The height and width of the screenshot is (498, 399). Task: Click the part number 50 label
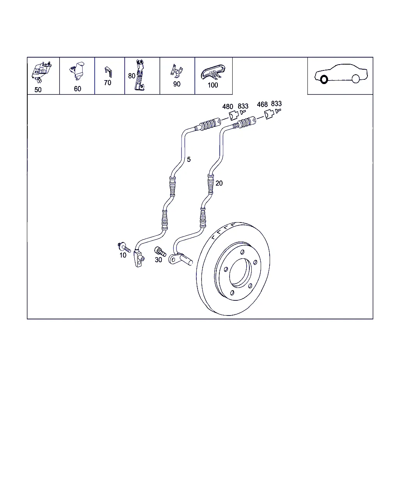(x=38, y=90)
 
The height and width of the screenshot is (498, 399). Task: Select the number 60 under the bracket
(x=78, y=89)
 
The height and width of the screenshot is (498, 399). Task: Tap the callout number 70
(x=108, y=83)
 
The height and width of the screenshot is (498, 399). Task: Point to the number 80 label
(x=132, y=76)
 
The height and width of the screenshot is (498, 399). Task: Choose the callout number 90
(x=177, y=84)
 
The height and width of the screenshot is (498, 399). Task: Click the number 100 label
(x=213, y=85)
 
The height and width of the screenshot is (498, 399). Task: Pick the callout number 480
(x=228, y=107)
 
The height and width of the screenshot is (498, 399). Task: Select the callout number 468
(x=262, y=105)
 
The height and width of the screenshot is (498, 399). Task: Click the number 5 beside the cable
(x=189, y=160)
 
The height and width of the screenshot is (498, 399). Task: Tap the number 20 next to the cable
(x=219, y=183)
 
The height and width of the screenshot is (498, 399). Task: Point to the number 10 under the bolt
(x=123, y=255)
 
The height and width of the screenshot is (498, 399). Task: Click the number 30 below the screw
(x=158, y=260)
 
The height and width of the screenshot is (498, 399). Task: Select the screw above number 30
(x=160, y=252)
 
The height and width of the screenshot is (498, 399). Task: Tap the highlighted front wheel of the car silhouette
(x=324, y=80)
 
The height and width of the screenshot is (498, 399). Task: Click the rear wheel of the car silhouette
(x=355, y=79)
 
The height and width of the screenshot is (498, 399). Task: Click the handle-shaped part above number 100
(x=213, y=72)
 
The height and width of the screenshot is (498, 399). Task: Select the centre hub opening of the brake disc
(x=240, y=273)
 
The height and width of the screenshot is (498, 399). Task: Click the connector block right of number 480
(x=234, y=116)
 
